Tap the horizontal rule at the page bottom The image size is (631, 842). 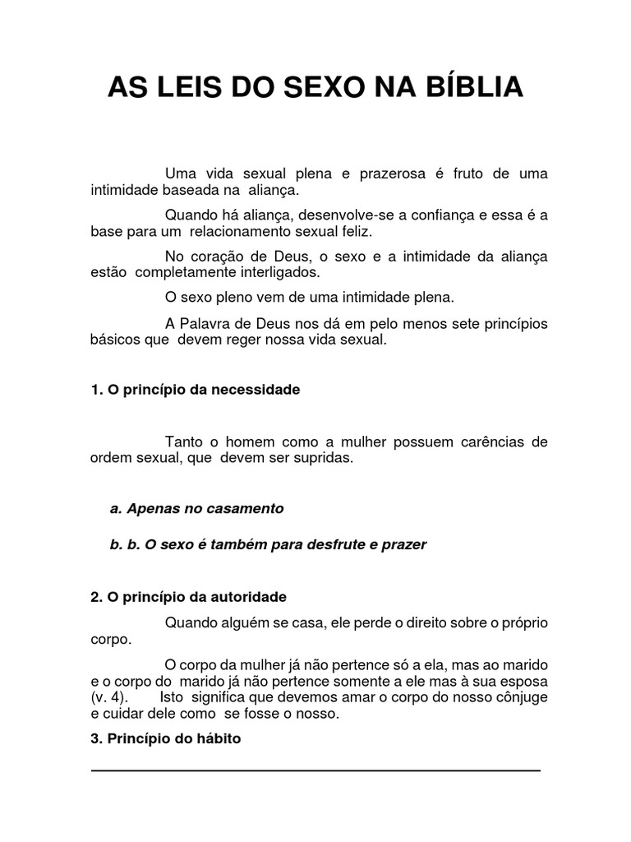(x=315, y=770)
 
